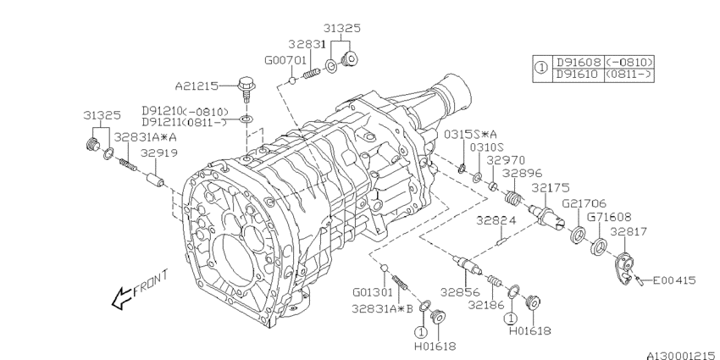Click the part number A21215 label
(x=197, y=86)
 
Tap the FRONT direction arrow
(x=122, y=298)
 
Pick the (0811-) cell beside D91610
(x=629, y=75)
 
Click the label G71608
(x=609, y=216)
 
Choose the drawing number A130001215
(x=682, y=356)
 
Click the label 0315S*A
(x=470, y=134)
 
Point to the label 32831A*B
(x=383, y=308)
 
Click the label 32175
(x=551, y=188)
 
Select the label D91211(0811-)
(x=185, y=122)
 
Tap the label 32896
(x=522, y=173)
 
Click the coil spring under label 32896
(x=512, y=198)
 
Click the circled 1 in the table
(x=542, y=68)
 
